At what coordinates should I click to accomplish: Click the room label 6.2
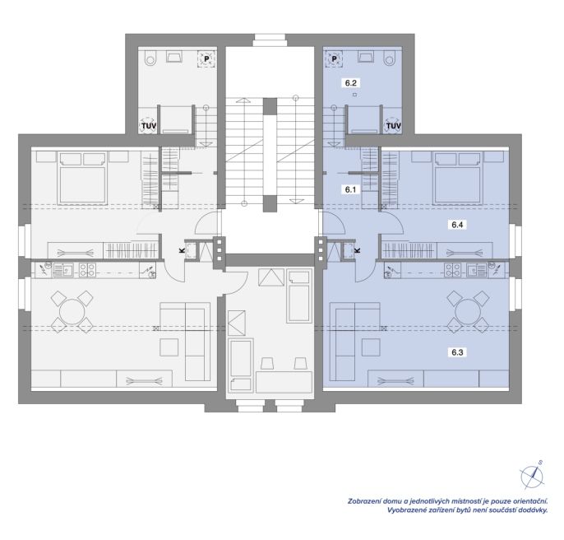pyautogui.click(x=350, y=83)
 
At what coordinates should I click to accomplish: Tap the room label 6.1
pyautogui.click(x=350, y=189)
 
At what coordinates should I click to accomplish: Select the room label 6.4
pyautogui.click(x=457, y=225)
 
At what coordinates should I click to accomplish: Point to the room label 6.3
pyautogui.click(x=457, y=352)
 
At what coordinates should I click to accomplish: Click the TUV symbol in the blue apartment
pyautogui.click(x=393, y=126)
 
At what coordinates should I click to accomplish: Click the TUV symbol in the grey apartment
pyautogui.click(x=148, y=126)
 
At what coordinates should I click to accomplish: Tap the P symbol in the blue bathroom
pyautogui.click(x=334, y=58)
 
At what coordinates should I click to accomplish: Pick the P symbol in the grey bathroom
pyautogui.click(x=206, y=58)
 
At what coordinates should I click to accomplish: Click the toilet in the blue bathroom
pyautogui.click(x=390, y=58)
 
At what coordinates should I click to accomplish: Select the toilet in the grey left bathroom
pyautogui.click(x=150, y=58)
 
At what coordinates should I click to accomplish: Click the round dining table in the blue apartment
pyautogui.click(x=467, y=312)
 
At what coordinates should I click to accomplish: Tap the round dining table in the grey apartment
pyautogui.click(x=72, y=312)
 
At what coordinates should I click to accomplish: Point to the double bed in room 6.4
pyautogui.click(x=457, y=179)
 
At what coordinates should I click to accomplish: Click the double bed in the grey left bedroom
pyautogui.click(x=83, y=179)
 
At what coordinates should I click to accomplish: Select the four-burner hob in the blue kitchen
pyautogui.click(x=452, y=270)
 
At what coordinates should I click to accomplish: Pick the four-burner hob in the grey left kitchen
pyautogui.click(x=87, y=270)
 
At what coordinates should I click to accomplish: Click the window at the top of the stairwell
pyautogui.click(x=270, y=40)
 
